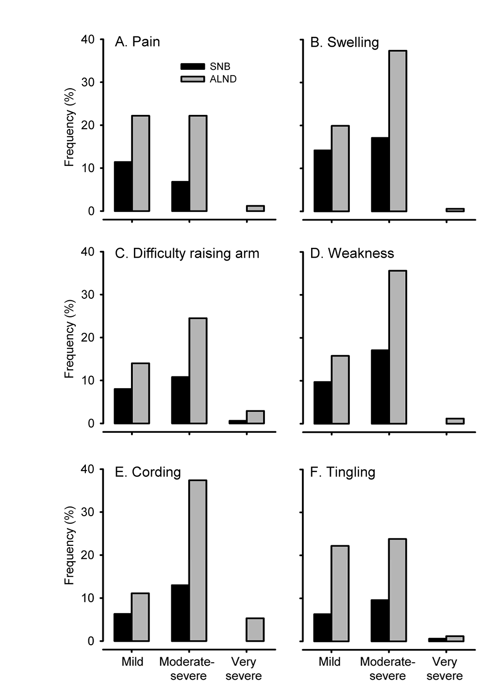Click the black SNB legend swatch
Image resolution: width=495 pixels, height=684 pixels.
click(192, 66)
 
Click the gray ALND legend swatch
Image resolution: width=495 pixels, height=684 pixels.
click(192, 79)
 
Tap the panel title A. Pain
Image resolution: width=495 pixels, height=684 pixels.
click(137, 42)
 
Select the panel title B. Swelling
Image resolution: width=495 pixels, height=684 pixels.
click(344, 42)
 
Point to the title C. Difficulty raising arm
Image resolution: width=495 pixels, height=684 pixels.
click(187, 253)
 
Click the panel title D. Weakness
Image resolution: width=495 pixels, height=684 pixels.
click(352, 253)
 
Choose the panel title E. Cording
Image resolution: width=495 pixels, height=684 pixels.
click(148, 472)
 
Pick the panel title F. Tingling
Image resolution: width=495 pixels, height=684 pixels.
click(343, 472)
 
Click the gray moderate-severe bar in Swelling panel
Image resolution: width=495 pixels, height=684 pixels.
click(397, 131)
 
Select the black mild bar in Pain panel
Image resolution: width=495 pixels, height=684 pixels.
click(123, 186)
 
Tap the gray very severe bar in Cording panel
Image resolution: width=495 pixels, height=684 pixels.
click(255, 630)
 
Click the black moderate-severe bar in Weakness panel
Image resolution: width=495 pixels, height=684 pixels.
click(380, 387)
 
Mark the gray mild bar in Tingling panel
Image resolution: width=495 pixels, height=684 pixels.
click(340, 593)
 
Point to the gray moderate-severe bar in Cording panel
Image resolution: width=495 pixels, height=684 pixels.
click(198, 561)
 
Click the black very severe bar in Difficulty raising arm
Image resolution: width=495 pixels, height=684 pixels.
click(237, 422)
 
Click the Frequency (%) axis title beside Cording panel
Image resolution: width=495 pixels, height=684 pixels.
click(70, 545)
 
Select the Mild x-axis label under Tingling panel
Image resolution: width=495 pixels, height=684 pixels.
click(330, 662)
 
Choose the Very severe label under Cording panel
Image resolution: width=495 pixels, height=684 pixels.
click(244, 668)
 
